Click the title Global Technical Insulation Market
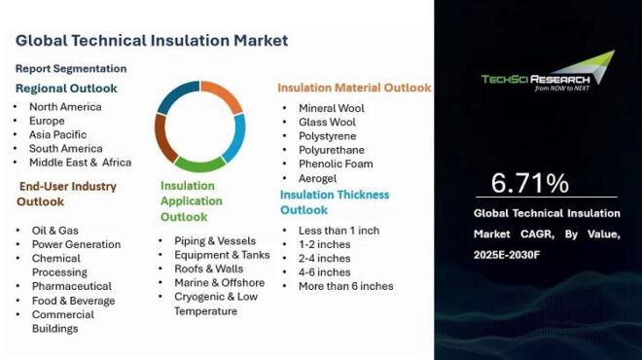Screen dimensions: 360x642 (152, 41)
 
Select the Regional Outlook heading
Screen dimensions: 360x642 (66, 88)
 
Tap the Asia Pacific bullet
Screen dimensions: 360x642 (57, 134)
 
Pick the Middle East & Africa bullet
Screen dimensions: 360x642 (80, 162)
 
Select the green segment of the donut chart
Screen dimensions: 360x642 (199, 163)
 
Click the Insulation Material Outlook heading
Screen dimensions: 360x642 (354, 88)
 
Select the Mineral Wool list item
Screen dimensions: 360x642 (333, 108)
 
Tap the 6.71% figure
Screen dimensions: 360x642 (530, 182)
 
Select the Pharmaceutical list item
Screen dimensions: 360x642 (73, 286)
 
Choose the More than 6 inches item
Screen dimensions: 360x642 (345, 286)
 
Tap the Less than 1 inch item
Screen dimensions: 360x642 (339, 230)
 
